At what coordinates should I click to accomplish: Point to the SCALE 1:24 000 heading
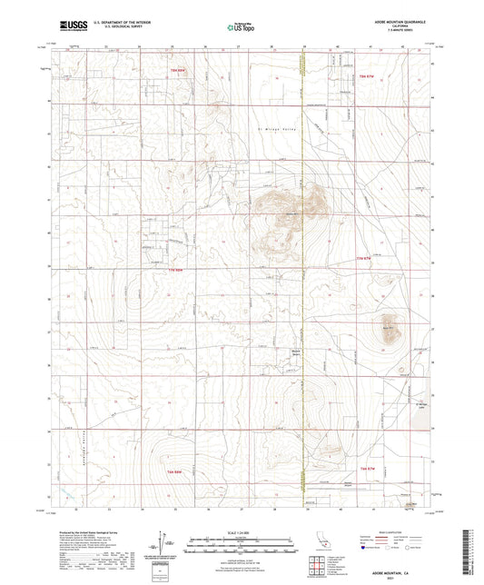click(x=241, y=531)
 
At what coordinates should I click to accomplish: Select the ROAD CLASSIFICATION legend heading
click(x=396, y=531)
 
